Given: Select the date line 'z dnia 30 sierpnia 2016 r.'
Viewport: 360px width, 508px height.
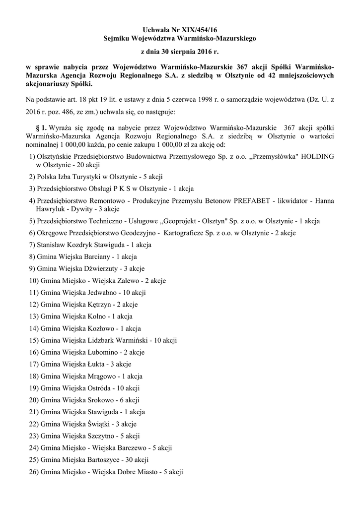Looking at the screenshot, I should tap(180, 51).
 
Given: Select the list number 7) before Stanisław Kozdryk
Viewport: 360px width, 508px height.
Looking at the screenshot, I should tap(32, 245).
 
